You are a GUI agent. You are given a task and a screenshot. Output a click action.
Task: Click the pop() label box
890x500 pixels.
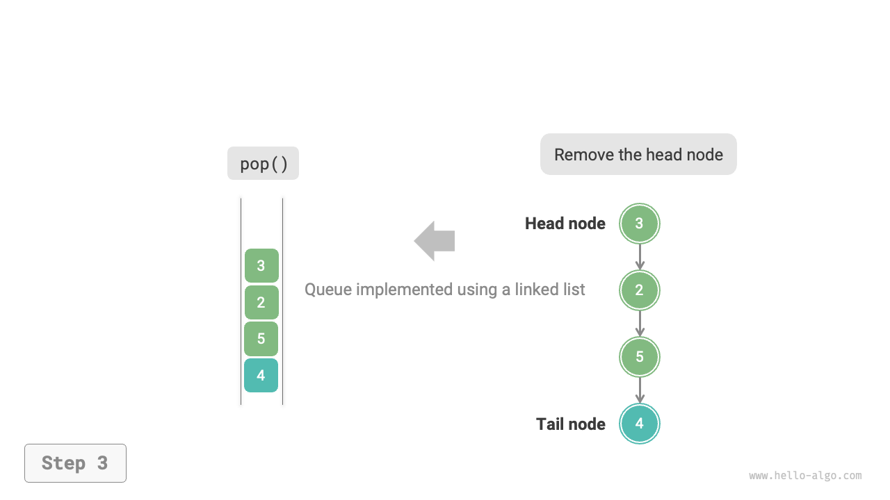point(263,163)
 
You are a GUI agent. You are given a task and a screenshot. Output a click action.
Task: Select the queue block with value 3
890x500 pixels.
point(261,265)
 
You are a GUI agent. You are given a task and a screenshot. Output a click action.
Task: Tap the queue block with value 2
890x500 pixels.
point(261,302)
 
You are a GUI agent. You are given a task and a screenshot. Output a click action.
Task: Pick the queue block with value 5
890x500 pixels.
point(261,339)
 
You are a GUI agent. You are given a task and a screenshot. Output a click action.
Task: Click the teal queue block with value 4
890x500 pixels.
point(261,376)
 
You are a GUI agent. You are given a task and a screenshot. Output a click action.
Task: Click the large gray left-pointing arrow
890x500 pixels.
point(435,241)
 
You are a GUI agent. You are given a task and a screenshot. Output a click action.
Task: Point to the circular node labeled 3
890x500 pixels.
point(639,224)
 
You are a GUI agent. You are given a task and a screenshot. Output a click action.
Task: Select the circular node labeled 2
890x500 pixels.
point(639,290)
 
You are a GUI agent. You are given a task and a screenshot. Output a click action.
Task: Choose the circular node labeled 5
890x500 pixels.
point(639,357)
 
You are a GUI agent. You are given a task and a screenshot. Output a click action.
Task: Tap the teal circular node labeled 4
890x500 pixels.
point(639,424)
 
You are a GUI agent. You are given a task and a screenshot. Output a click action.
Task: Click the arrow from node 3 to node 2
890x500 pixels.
point(640,257)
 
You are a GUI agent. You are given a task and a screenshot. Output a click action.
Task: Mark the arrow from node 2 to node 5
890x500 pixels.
point(640,324)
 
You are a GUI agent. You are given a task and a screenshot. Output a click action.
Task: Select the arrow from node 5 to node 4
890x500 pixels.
point(640,390)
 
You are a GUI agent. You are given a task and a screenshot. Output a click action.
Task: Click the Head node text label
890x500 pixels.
point(565,224)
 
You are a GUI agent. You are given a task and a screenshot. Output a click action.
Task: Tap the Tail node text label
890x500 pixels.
point(570,424)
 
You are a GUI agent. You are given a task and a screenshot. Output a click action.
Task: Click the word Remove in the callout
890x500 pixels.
point(578,155)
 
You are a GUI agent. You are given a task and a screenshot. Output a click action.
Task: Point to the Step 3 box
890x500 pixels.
point(75,463)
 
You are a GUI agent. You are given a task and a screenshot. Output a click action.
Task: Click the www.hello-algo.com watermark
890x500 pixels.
point(805,476)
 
